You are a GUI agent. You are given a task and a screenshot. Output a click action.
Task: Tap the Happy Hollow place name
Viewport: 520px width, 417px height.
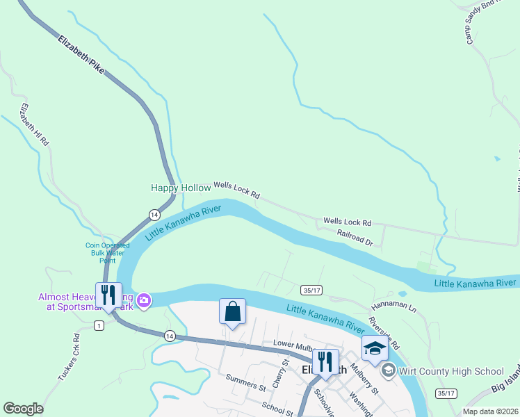(181, 188)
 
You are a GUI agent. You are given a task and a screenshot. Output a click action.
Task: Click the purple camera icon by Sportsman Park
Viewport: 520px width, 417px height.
(144, 300)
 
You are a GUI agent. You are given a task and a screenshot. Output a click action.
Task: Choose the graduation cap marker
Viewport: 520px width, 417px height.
(374, 348)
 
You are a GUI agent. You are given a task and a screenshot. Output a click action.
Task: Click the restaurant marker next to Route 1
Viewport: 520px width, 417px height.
(108, 295)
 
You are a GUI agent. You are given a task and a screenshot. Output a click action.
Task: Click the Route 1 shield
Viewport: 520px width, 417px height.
(99, 326)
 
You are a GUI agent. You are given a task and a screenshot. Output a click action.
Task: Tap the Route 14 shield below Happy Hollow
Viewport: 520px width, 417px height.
(154, 215)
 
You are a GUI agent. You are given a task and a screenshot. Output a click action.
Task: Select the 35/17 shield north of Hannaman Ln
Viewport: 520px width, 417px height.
(311, 289)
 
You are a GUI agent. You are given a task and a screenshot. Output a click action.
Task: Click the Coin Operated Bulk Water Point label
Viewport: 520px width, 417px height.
(107, 253)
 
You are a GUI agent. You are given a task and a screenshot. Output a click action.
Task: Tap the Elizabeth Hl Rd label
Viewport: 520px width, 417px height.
(35, 124)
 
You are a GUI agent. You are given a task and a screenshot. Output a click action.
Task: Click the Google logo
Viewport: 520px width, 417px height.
(23, 409)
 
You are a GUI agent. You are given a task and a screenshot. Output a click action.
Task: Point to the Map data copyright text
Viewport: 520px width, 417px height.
(490, 411)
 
